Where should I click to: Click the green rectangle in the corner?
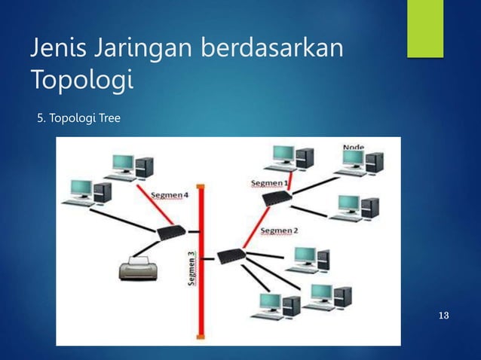pos(425,29)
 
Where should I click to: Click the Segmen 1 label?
pos(268,183)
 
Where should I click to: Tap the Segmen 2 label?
pos(278,230)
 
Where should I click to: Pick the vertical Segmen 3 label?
pos(191,268)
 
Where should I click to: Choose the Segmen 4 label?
pos(169,194)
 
